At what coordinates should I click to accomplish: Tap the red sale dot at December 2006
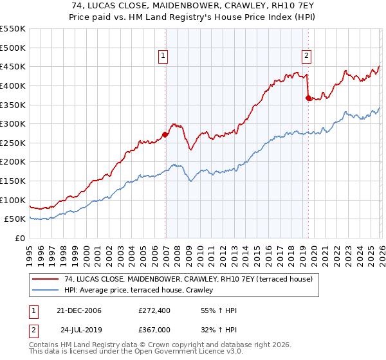(165, 134)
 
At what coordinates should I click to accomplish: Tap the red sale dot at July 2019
(308, 98)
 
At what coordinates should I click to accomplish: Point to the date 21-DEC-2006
(77, 310)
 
